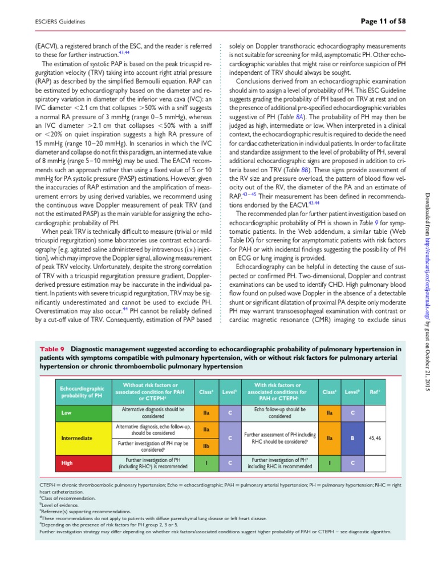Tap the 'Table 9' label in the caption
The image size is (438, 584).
tap(53, 348)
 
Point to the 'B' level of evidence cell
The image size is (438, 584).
tap(353, 439)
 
